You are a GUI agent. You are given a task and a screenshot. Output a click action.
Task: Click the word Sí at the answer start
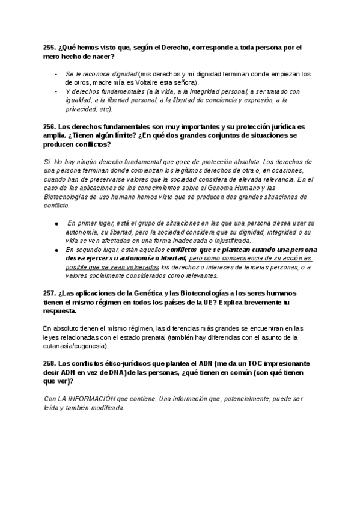(48, 162)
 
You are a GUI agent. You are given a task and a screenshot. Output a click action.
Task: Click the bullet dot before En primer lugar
(56, 223)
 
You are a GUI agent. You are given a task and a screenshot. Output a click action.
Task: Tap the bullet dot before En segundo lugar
(56, 249)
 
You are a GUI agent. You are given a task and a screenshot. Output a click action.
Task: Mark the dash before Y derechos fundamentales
(56, 91)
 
